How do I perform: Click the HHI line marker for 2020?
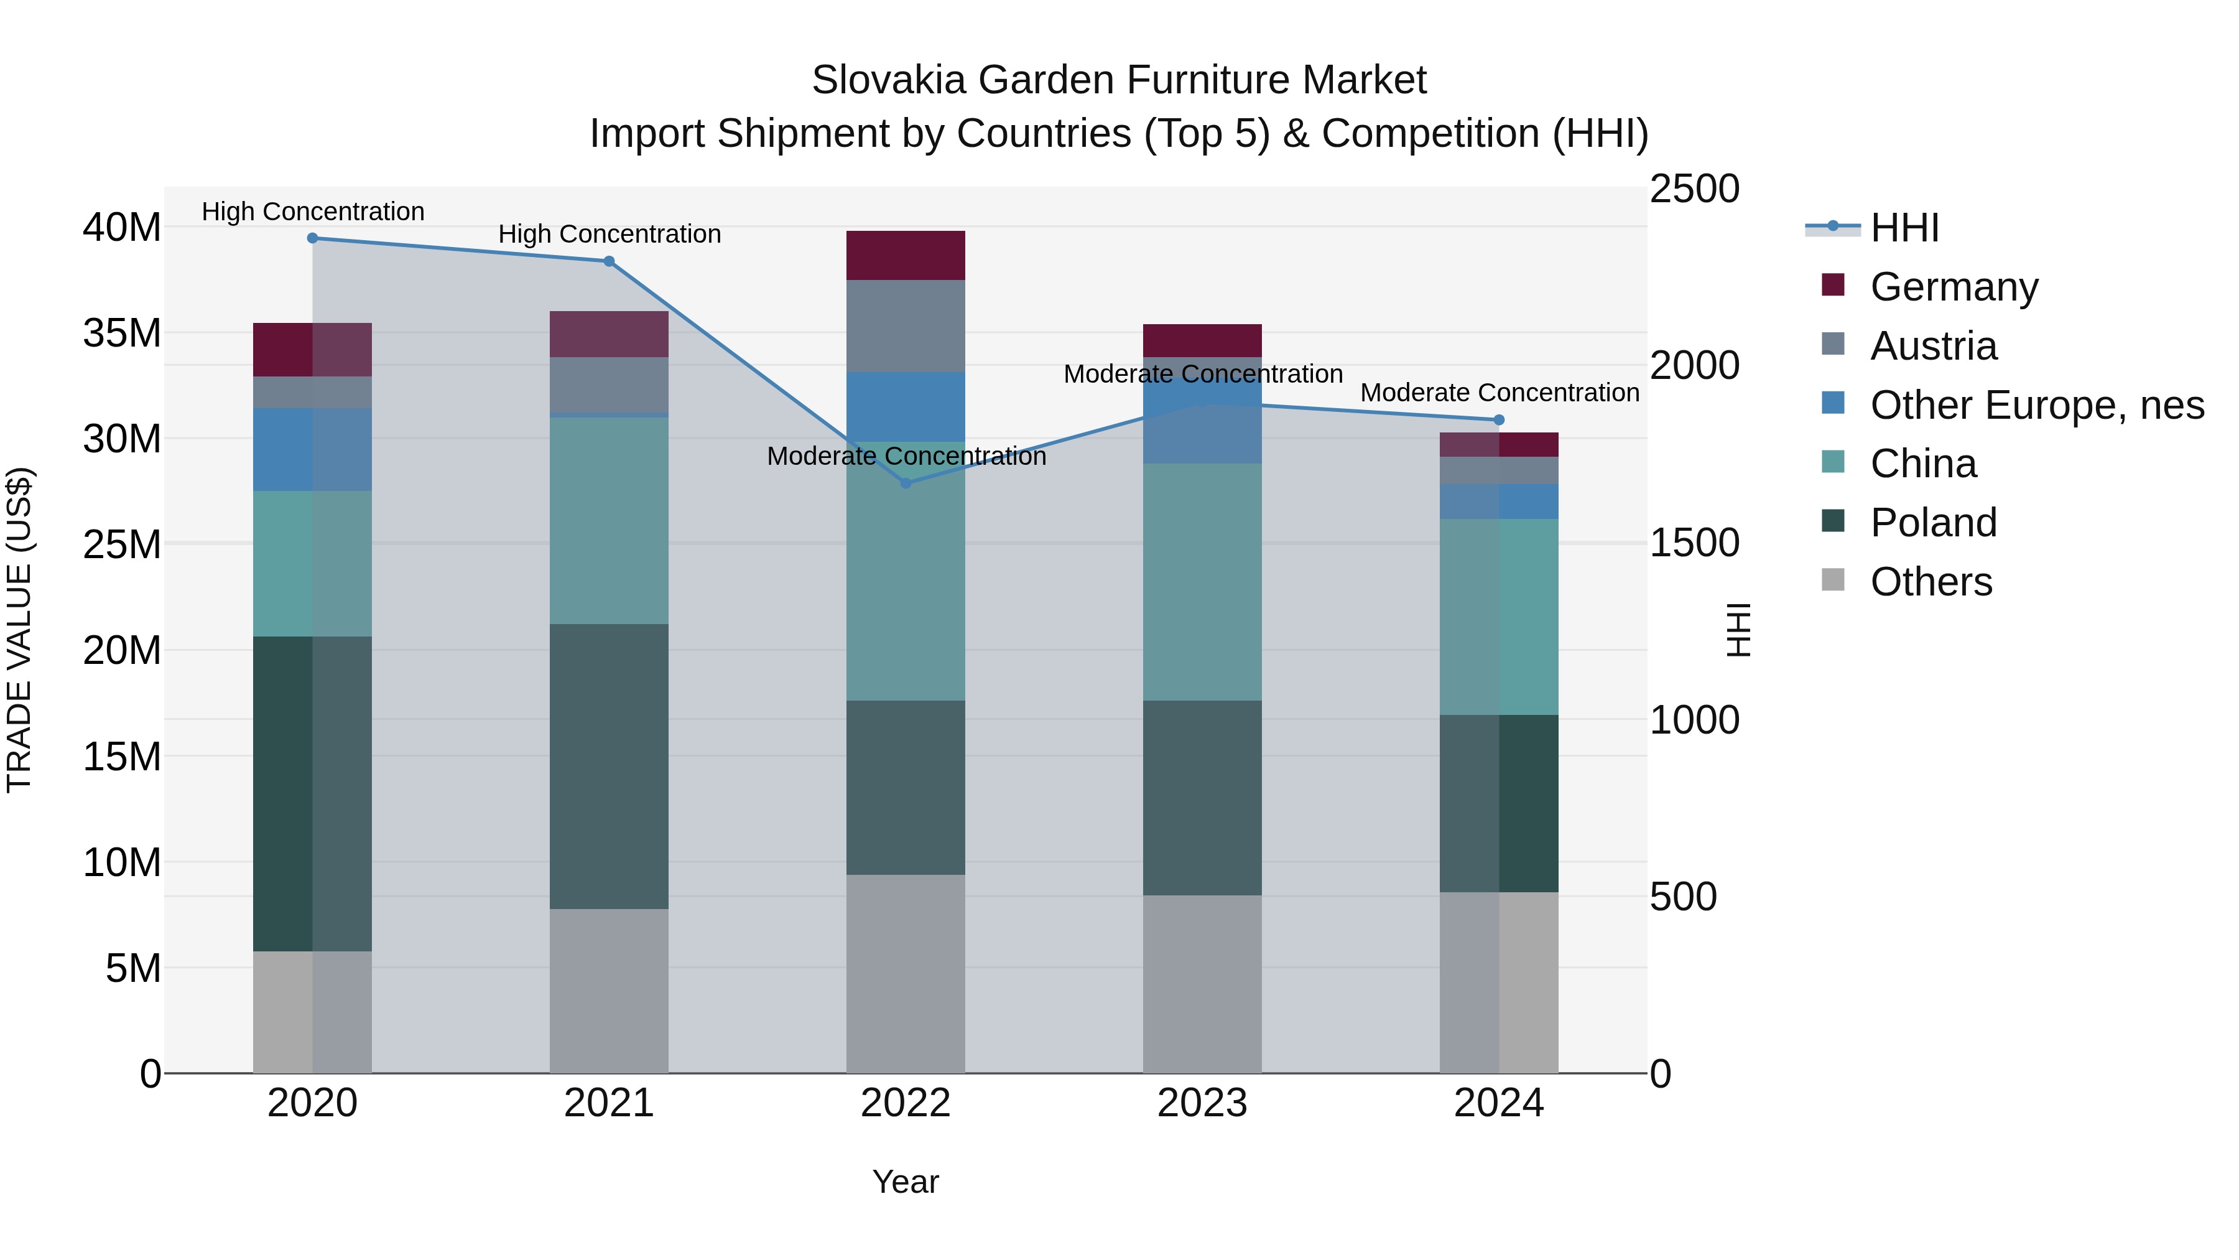pyautogui.click(x=313, y=238)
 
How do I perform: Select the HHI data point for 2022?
pyautogui.click(x=906, y=483)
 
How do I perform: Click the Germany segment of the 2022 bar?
pyautogui.click(x=906, y=256)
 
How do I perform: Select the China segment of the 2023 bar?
pyautogui.click(x=1202, y=582)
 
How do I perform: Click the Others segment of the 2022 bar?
pyautogui.click(x=906, y=973)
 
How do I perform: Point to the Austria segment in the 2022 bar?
pyautogui.click(x=906, y=326)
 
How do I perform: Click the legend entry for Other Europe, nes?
pyautogui.click(x=2036, y=405)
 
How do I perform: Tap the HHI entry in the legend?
pyautogui.click(x=1904, y=228)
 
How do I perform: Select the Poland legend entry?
pyautogui.click(x=1933, y=523)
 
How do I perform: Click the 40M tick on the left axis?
pyautogui.click(x=122, y=228)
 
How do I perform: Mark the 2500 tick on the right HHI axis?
pyautogui.click(x=1694, y=190)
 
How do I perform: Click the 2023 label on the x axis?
pyautogui.click(x=1202, y=1103)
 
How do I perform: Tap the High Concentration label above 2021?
pyautogui.click(x=610, y=234)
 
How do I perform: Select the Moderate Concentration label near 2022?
pyautogui.click(x=906, y=457)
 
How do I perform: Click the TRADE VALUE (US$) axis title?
pyautogui.click(x=19, y=630)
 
